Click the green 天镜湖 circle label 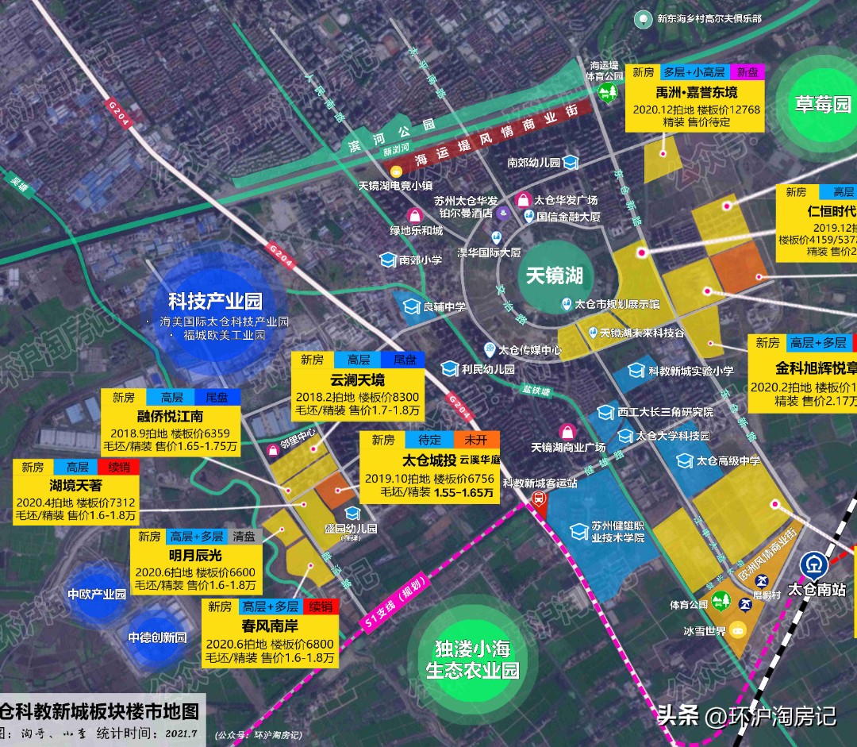555,275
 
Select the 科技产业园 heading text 215,302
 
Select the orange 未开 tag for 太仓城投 477,440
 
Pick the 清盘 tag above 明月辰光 244,537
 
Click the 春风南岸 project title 268,626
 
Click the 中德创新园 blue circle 157,637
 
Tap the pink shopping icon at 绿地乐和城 414,215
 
